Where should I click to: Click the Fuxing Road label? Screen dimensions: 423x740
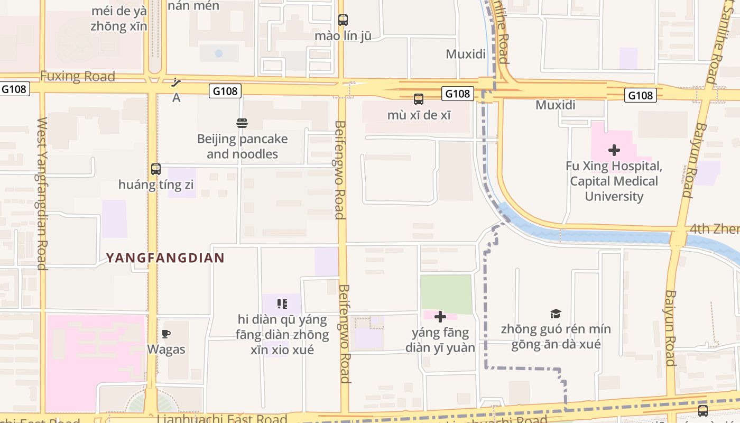[x=78, y=76]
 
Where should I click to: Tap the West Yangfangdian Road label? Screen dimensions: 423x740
[x=42, y=194]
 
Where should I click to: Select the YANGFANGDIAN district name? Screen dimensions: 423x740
[x=165, y=258]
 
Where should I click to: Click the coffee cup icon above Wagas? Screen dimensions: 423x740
[x=166, y=334]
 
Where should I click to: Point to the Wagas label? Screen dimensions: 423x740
[x=166, y=350]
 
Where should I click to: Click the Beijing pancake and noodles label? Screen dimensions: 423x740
[x=242, y=146]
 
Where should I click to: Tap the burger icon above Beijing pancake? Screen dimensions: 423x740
[x=242, y=123]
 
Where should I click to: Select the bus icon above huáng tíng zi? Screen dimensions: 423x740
[x=156, y=169]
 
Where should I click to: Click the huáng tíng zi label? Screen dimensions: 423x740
[x=156, y=185]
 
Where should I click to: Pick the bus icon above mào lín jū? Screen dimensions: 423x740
[x=343, y=20]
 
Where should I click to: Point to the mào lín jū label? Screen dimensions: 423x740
[x=343, y=36]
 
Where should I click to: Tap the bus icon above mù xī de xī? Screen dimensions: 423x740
[x=419, y=99]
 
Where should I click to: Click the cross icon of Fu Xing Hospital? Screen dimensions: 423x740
[x=614, y=150]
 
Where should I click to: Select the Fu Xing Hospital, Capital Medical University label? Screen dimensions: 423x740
[x=614, y=181]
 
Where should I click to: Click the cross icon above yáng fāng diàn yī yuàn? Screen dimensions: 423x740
[x=440, y=317]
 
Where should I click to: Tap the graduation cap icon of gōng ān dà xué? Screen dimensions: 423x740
[x=556, y=314]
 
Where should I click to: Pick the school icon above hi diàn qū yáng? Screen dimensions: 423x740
[x=282, y=304]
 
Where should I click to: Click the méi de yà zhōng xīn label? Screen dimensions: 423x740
[x=118, y=19]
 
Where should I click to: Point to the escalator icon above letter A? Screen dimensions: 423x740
[x=177, y=82]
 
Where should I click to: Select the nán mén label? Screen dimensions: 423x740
[x=193, y=6]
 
